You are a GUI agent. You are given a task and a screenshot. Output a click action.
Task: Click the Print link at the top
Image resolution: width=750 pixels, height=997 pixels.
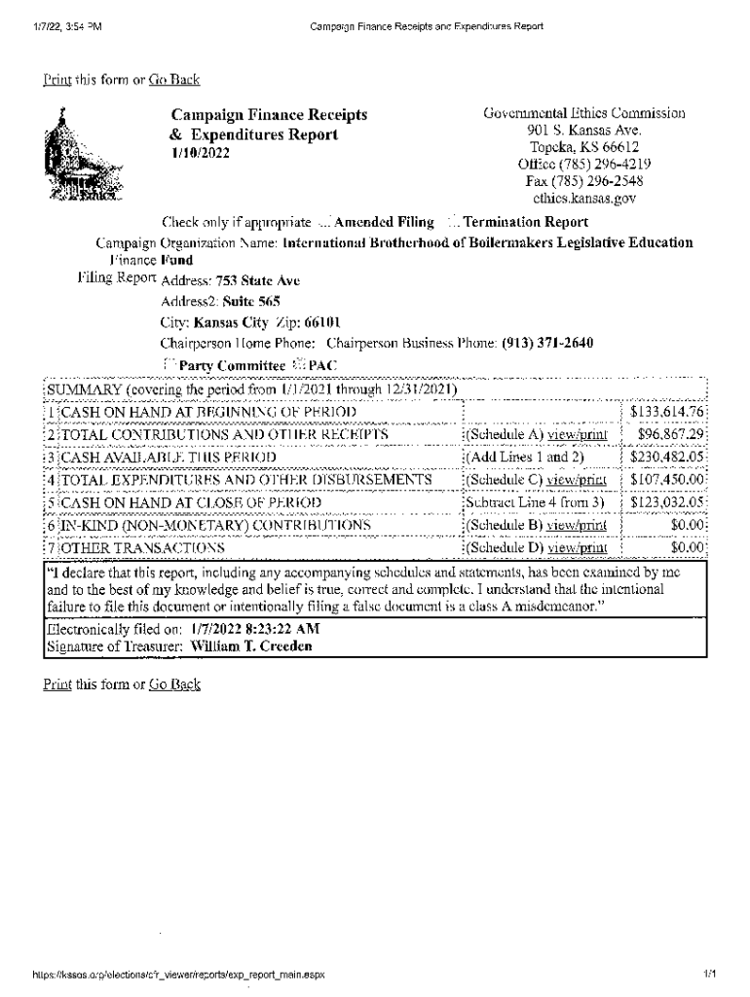coord(57,79)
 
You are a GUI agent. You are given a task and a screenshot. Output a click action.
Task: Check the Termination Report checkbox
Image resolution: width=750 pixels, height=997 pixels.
coord(453,222)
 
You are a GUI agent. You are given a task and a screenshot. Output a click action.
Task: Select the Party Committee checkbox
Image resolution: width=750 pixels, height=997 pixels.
coord(167,365)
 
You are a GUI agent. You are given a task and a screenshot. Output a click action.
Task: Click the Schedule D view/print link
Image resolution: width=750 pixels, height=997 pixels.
coord(578,548)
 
